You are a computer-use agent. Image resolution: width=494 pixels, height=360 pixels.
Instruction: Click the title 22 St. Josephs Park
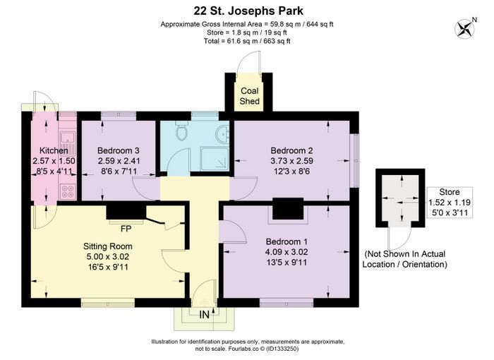(x=248, y=11)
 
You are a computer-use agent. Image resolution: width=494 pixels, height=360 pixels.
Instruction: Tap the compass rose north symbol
(x=464, y=29)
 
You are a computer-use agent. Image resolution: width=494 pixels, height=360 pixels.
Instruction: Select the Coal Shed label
(x=249, y=96)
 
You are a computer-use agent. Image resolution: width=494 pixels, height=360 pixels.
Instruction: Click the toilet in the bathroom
(x=181, y=131)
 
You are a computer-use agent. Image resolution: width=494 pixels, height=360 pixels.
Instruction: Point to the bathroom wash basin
(x=223, y=134)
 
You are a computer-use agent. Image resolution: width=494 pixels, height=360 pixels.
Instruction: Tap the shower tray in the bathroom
(x=215, y=160)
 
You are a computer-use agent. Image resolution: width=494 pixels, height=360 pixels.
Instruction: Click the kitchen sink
(x=68, y=138)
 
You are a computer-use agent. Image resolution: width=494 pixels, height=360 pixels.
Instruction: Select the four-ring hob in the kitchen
(x=68, y=191)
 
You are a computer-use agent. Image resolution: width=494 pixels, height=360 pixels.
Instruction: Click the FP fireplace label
(x=126, y=229)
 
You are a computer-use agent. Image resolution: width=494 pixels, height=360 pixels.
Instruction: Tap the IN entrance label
(x=204, y=314)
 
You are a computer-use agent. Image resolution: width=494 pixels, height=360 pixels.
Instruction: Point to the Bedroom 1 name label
(x=287, y=242)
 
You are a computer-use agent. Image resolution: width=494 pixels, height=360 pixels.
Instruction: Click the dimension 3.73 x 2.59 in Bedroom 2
(x=291, y=161)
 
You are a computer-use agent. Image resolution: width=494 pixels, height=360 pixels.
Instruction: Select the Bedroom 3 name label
(x=118, y=150)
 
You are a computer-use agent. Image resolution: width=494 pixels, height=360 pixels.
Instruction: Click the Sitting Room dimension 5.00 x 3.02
(x=108, y=257)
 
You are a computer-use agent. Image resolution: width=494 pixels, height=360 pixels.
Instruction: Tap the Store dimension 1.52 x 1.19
(x=450, y=203)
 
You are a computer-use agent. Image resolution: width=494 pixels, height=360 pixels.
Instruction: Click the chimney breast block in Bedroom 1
(x=288, y=209)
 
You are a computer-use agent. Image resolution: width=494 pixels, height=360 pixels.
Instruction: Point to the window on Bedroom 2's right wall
(x=356, y=160)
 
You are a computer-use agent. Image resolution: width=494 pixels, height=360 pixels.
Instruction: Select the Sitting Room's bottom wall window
(x=108, y=304)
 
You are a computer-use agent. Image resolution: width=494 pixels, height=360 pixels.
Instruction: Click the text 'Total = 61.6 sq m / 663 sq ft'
(x=247, y=41)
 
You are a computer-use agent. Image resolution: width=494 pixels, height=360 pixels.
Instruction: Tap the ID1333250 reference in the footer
(x=282, y=349)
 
